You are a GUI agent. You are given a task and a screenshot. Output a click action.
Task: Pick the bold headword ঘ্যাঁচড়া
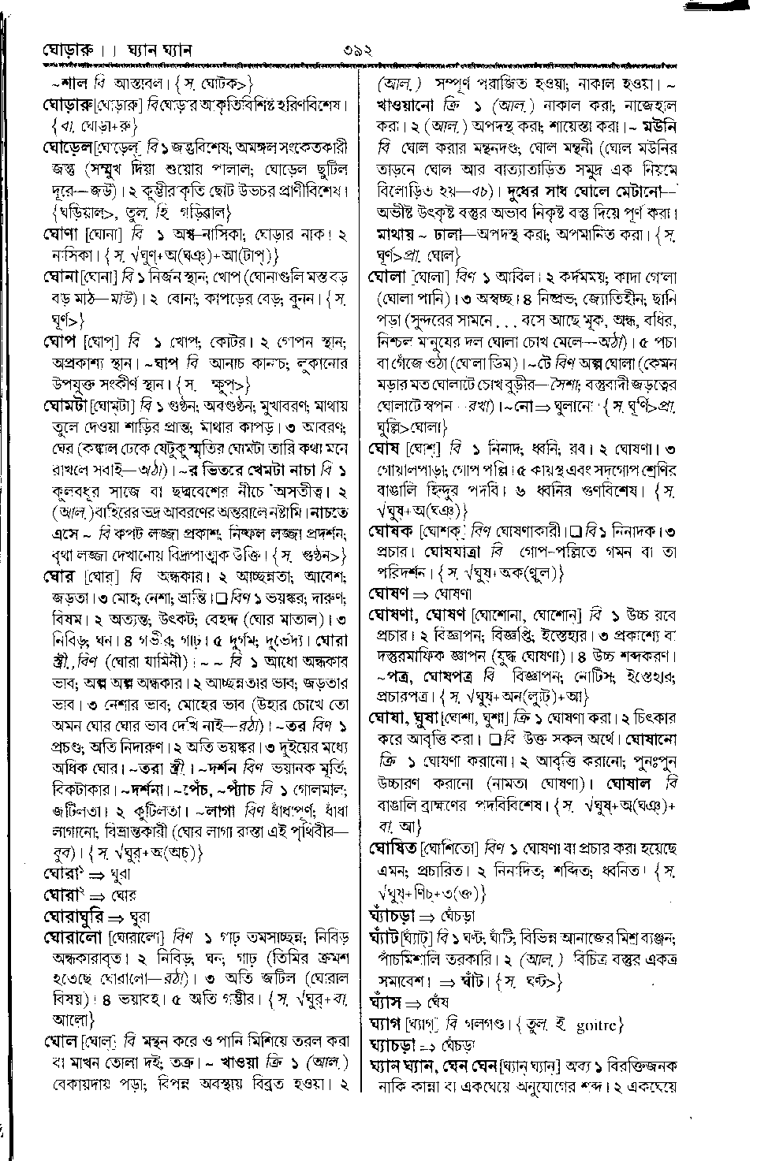[x=393, y=917]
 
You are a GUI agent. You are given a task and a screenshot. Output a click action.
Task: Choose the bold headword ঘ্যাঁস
[x=386, y=1003]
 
